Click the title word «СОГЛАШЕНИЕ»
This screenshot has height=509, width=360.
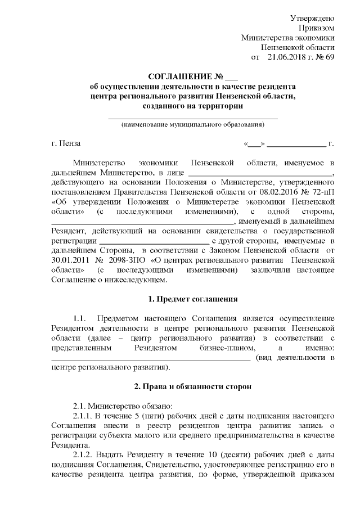tap(178, 77)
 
